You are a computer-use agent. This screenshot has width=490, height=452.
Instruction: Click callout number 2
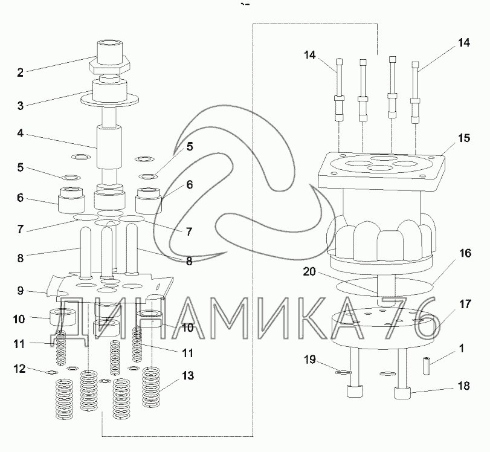[20, 73]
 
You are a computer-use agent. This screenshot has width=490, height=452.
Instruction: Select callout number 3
[20, 105]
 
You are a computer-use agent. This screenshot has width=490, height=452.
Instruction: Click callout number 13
[187, 376]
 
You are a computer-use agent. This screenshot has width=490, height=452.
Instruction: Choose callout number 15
[463, 138]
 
